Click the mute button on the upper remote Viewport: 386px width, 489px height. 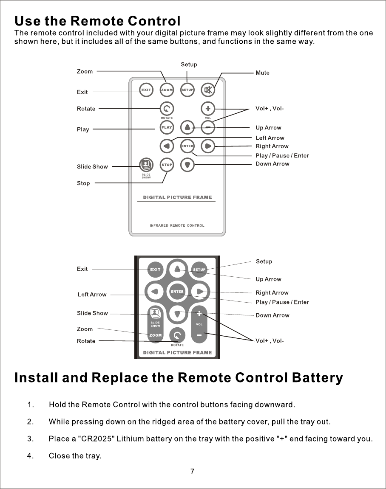(208, 90)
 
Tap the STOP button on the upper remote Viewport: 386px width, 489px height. (167, 165)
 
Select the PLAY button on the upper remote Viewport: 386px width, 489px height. (167, 127)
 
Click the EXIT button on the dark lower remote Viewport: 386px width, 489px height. (155, 270)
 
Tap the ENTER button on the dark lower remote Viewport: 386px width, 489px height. (177, 292)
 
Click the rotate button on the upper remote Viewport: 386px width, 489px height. (167, 108)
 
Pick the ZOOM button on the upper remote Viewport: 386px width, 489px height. (167, 90)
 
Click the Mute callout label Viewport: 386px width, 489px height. (262, 73)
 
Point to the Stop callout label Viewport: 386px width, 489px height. (83, 183)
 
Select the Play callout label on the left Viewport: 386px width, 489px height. (83, 129)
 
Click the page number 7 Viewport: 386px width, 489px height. (193, 472)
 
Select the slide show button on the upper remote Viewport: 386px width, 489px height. (146, 164)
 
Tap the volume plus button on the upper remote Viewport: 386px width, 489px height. (208, 108)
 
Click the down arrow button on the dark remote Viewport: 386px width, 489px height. (177, 314)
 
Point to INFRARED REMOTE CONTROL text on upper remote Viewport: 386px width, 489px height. (177, 225)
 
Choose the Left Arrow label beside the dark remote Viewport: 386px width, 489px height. (92, 295)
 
